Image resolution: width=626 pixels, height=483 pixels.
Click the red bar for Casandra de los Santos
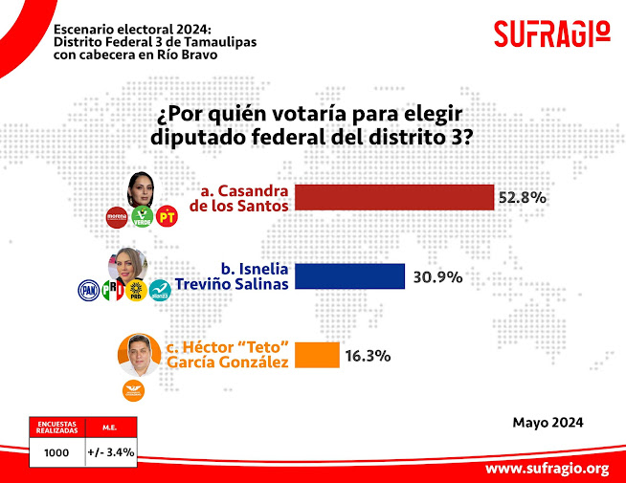coord(393,197)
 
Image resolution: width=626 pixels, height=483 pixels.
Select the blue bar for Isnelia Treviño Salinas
coord(350,276)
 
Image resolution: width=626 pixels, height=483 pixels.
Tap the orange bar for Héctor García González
coord(316,355)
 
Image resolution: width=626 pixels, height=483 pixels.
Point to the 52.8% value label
coord(522,198)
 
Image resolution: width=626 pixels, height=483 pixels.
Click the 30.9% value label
coord(438,277)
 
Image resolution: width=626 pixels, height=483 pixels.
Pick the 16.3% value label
coord(367,356)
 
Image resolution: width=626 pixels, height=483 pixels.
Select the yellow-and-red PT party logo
coord(168,217)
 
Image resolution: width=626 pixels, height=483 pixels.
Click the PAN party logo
coord(89,290)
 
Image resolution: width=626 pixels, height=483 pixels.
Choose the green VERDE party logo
coord(142,217)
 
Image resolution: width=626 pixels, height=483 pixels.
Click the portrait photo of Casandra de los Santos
coord(143,187)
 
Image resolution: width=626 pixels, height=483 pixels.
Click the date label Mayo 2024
coord(548,422)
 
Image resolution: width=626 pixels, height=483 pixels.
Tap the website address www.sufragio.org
coord(547,468)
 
